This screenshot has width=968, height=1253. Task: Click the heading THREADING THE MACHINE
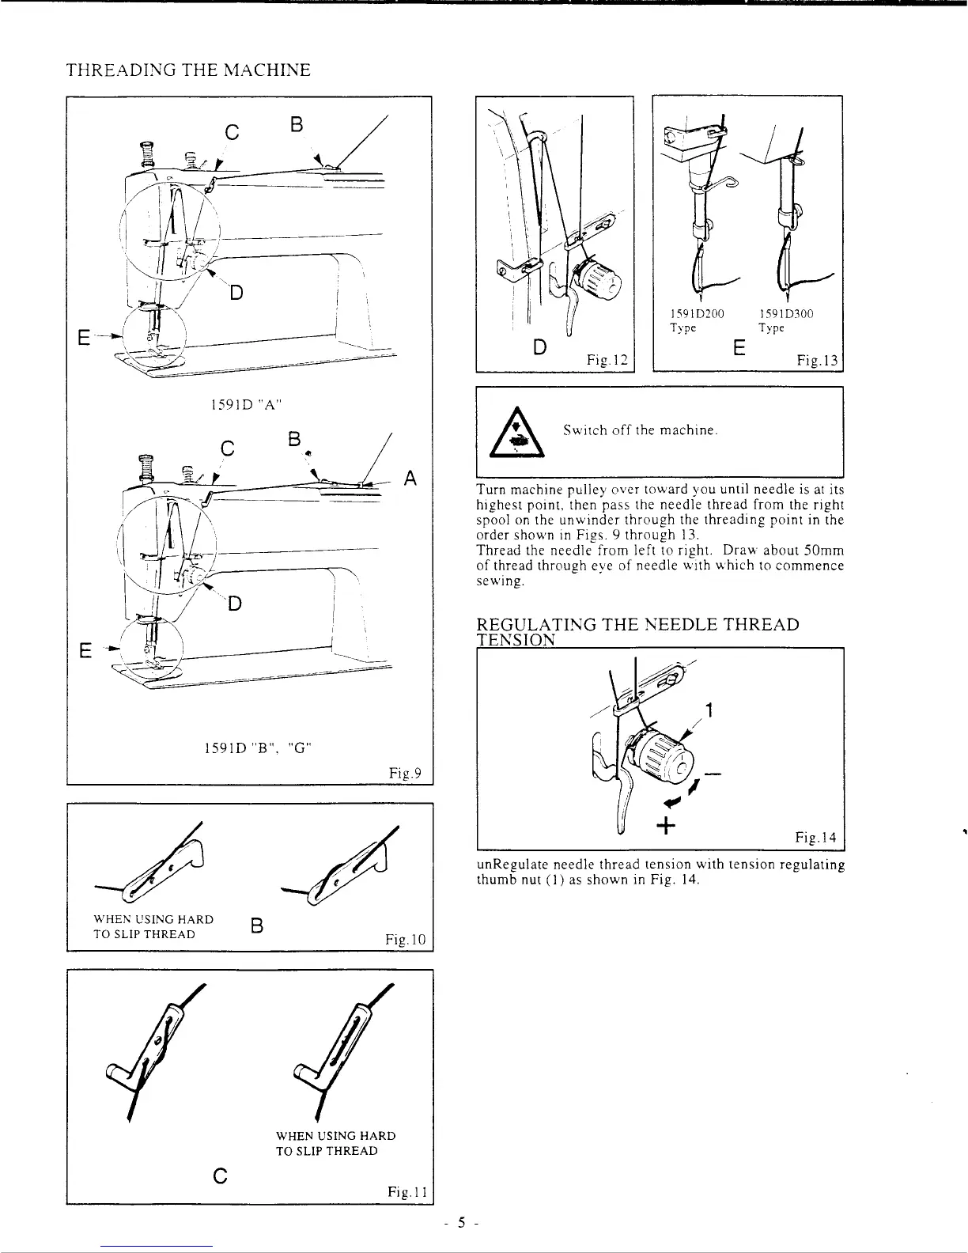click(x=187, y=70)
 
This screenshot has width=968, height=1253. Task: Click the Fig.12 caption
click(x=607, y=360)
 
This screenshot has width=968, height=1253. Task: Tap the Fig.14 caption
click(x=815, y=836)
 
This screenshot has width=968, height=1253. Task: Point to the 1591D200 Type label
click(x=702, y=320)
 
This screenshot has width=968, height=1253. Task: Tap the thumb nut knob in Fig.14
click(x=666, y=756)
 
